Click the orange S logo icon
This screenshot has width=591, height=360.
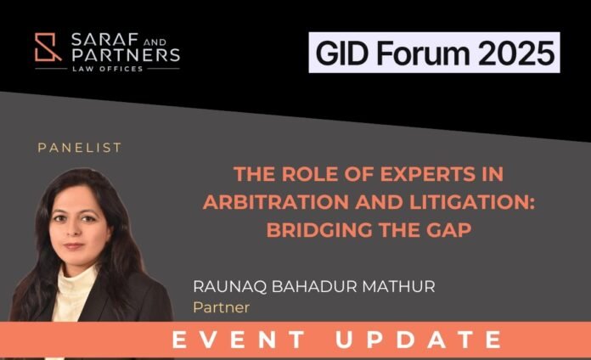(x=48, y=47)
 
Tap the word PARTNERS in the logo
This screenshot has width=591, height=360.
(x=126, y=55)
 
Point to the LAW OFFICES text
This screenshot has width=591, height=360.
(x=108, y=69)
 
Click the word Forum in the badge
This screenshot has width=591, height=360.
(x=423, y=53)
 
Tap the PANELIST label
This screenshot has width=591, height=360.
(x=80, y=148)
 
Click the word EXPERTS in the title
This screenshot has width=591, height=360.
(x=427, y=174)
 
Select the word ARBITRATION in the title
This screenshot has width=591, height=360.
(x=276, y=202)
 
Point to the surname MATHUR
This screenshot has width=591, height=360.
(x=398, y=286)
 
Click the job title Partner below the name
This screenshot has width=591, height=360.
(x=222, y=307)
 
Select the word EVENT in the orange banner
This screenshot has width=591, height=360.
(x=239, y=340)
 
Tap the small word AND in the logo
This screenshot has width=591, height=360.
(x=155, y=42)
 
